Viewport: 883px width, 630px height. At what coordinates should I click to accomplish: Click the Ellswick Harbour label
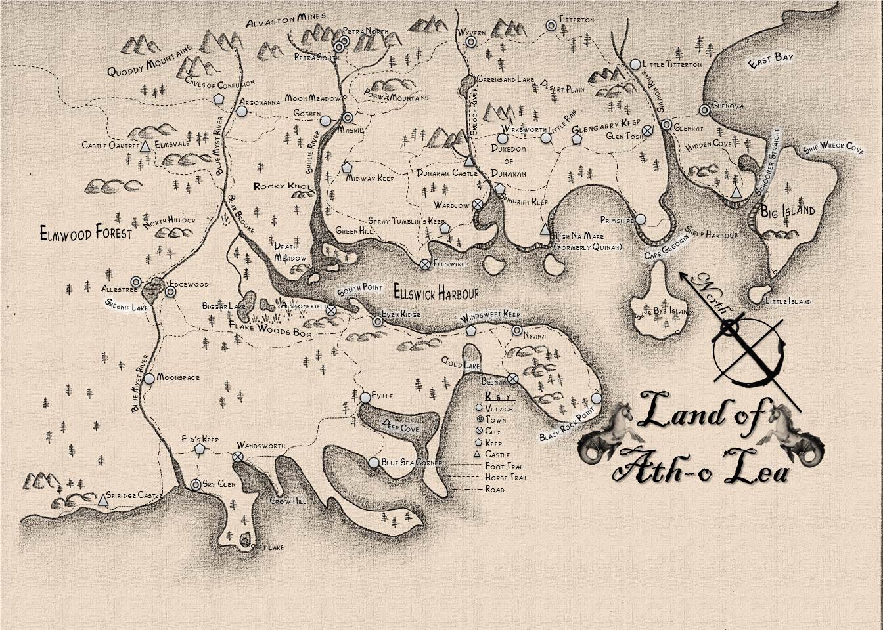[436, 293]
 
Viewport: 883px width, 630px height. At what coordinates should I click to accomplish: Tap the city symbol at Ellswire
[425, 264]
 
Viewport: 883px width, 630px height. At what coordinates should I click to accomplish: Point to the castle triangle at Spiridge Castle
[102, 501]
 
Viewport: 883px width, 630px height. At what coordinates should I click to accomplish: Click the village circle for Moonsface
[149, 378]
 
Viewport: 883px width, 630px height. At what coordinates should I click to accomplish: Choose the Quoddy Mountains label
[150, 61]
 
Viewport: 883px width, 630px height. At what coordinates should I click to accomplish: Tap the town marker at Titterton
[551, 25]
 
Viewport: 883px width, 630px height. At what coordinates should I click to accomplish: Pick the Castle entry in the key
[497, 454]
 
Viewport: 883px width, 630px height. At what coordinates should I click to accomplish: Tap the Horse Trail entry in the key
[506, 478]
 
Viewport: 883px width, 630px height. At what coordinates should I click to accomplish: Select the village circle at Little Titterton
[635, 64]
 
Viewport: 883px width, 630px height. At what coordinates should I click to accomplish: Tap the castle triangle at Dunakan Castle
[469, 161]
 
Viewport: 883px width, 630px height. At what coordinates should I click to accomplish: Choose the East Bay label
[771, 60]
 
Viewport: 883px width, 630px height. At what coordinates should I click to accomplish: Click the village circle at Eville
[365, 397]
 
